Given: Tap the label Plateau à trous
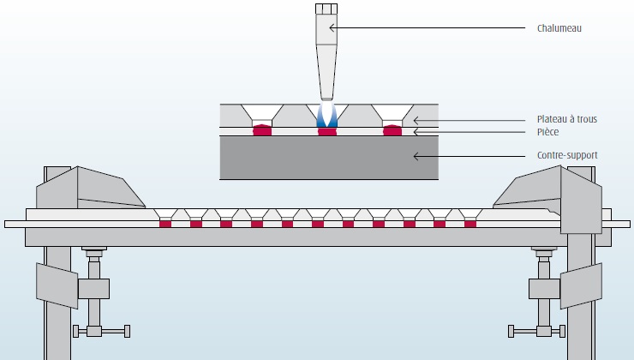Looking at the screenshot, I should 567,119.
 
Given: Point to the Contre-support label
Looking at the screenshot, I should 566,156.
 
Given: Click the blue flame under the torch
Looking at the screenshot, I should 326,116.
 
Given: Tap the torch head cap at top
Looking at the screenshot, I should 326,10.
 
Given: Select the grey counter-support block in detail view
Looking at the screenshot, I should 329,158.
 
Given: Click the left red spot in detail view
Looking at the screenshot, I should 260,131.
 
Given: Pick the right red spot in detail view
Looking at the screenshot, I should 392,131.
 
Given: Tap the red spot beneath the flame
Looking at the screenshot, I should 326,132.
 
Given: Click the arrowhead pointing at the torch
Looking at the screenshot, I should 332,27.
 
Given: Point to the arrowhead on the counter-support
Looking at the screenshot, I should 416,156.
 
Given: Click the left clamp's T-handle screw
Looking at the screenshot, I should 101,330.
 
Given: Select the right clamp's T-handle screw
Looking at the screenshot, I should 535,330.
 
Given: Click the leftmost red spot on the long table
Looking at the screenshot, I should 165,224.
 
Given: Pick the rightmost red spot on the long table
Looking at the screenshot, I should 470,224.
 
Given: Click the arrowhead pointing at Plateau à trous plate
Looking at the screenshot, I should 416,119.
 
